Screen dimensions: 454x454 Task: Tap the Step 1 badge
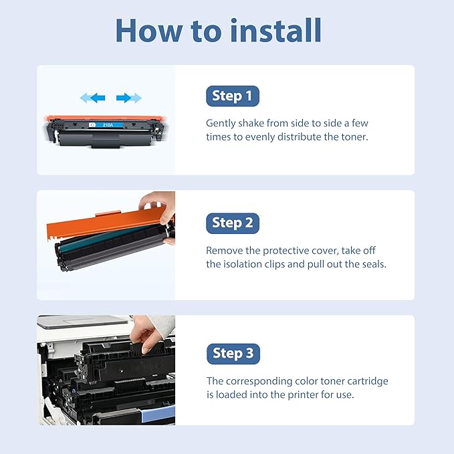tap(232, 96)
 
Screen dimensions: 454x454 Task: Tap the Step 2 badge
tap(232, 223)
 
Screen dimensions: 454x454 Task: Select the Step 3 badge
tap(232, 353)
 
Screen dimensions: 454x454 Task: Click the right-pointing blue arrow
tap(128, 98)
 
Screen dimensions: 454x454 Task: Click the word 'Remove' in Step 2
tap(224, 251)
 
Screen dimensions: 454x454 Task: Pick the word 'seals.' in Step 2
tap(372, 264)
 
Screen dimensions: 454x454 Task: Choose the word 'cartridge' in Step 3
tap(367, 381)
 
